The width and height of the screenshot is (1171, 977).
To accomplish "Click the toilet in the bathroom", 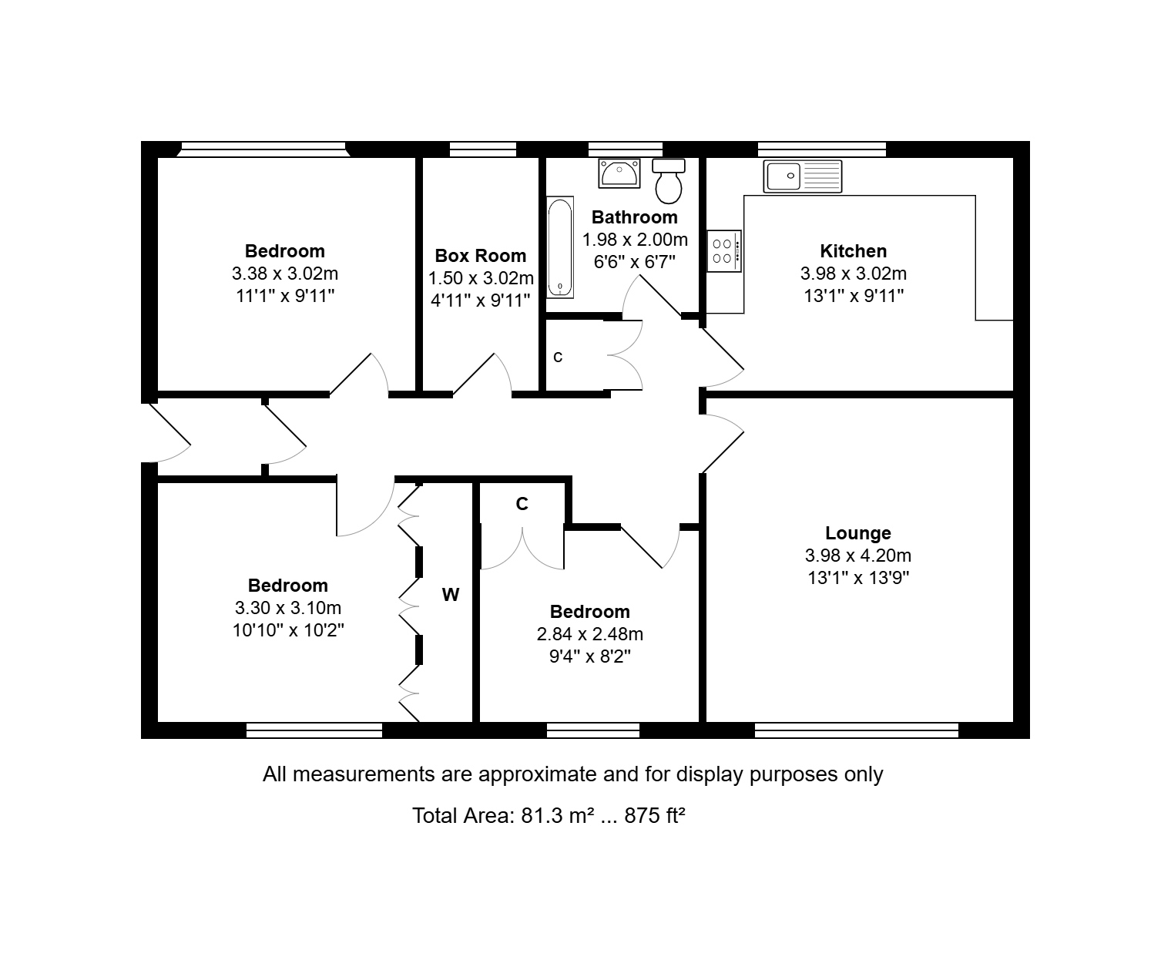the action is click(x=669, y=180).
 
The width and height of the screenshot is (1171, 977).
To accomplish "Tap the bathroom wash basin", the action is click(x=619, y=173).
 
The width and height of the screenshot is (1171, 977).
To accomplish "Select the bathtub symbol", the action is click(x=560, y=247).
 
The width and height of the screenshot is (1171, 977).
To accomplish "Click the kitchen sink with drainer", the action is click(x=803, y=176).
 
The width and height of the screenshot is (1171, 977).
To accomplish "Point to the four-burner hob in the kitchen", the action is click(x=723, y=251).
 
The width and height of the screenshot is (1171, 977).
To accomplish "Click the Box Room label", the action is click(x=481, y=256).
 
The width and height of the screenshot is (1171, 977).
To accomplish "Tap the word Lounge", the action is click(x=858, y=533).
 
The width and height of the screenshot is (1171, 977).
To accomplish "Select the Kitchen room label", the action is click(x=853, y=250).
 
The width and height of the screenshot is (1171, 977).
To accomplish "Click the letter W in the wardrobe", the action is click(x=451, y=595).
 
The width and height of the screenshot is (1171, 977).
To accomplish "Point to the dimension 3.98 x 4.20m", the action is click(x=858, y=556).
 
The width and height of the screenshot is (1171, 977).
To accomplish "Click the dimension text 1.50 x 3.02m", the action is click(x=481, y=278).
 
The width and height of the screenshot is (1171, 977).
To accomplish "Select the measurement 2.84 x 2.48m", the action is click(x=589, y=634).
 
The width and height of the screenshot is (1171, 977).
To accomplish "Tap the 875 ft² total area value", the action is click(x=655, y=815).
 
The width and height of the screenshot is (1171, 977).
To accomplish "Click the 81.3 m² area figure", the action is click(x=558, y=815).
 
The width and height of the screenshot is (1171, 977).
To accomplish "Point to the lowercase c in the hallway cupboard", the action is click(x=558, y=358).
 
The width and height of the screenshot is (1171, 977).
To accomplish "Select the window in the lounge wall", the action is click(x=857, y=730).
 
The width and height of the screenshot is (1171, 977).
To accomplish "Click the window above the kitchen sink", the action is click(x=821, y=149).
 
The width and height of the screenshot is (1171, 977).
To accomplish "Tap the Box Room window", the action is click(x=483, y=149).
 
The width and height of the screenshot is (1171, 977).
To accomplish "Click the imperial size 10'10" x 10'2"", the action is click(x=288, y=630).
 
